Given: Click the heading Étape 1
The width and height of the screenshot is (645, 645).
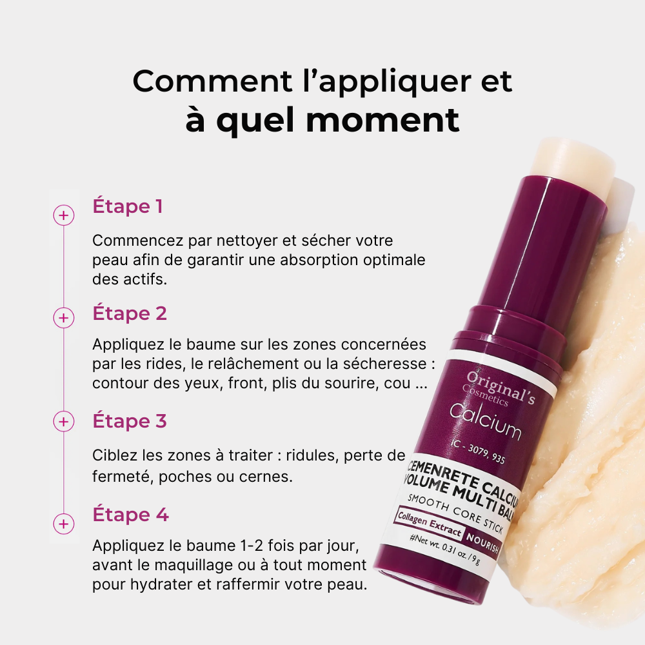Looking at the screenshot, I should [x=128, y=206].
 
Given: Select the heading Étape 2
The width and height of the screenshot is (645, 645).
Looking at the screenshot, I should [x=130, y=313].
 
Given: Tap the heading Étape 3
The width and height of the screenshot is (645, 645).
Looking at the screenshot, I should [x=130, y=421].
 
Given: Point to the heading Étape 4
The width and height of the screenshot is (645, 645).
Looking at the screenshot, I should [x=130, y=515].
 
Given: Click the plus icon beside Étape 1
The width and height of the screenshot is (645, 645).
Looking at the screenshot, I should [x=63, y=215].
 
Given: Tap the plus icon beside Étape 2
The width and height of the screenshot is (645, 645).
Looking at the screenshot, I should [x=63, y=318].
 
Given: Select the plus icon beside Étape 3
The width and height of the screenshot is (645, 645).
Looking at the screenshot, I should [x=63, y=422].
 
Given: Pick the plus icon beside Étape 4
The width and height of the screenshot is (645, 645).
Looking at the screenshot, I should [x=63, y=523].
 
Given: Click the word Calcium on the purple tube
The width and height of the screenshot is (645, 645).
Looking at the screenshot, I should [x=484, y=421].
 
